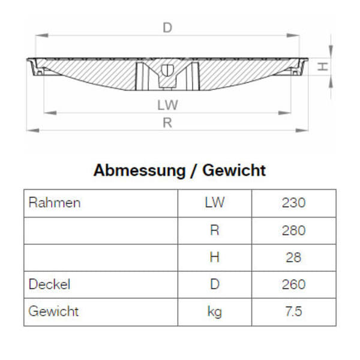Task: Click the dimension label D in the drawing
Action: pos(167,28)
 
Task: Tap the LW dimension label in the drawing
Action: pos(167,104)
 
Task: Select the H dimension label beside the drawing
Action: pos(323,67)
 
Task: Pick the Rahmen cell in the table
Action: pos(54,203)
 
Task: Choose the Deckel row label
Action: pos(49,284)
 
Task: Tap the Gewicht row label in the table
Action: pos(53,311)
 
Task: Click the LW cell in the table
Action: pos(214,203)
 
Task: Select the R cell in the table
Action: pos(214,230)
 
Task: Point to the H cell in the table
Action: pos(214,257)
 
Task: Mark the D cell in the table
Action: pos(214,284)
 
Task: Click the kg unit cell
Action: pos(214,311)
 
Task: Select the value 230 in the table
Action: pos(293,203)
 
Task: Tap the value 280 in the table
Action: pos(293,230)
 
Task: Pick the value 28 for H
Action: pos(293,257)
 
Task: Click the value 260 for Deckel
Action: pos(293,284)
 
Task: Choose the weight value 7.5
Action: pos(293,311)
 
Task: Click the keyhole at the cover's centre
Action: pos(167,70)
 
